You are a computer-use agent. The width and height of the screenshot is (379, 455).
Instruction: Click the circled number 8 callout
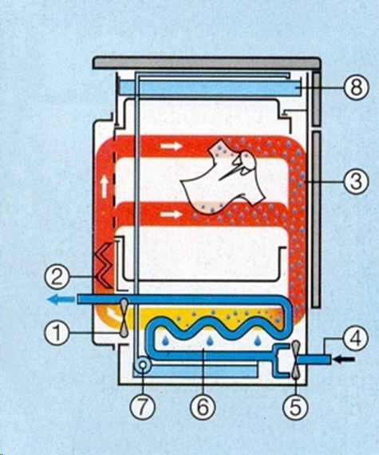tap(356, 88)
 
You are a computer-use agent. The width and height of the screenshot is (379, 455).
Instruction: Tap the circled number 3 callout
tap(356, 181)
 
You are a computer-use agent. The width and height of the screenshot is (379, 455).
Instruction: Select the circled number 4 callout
tap(356, 338)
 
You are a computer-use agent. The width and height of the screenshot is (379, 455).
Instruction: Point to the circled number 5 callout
tap(295, 408)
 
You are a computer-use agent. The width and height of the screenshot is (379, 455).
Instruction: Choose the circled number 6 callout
tap(203, 408)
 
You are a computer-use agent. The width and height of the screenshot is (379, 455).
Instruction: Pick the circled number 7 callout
tap(142, 408)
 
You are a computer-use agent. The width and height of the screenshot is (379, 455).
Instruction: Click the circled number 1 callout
tap(57, 333)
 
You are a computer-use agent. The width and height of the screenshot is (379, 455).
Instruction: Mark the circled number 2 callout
tap(57, 277)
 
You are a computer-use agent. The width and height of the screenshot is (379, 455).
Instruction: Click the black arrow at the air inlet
tap(344, 359)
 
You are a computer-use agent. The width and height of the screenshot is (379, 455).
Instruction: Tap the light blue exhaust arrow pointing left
tap(61, 299)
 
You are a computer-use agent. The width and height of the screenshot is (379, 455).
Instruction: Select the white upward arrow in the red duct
tap(104, 188)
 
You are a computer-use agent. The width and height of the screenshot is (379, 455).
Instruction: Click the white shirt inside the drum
tap(223, 176)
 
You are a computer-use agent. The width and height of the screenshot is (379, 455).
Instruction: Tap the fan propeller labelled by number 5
tap(296, 360)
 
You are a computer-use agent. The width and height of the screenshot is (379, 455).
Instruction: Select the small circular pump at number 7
tap(143, 365)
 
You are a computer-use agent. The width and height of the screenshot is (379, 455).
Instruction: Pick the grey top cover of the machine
tap(207, 63)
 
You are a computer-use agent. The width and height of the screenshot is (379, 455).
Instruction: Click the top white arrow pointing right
tap(172, 146)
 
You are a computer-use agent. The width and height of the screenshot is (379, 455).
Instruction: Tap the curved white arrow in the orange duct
tap(112, 313)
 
